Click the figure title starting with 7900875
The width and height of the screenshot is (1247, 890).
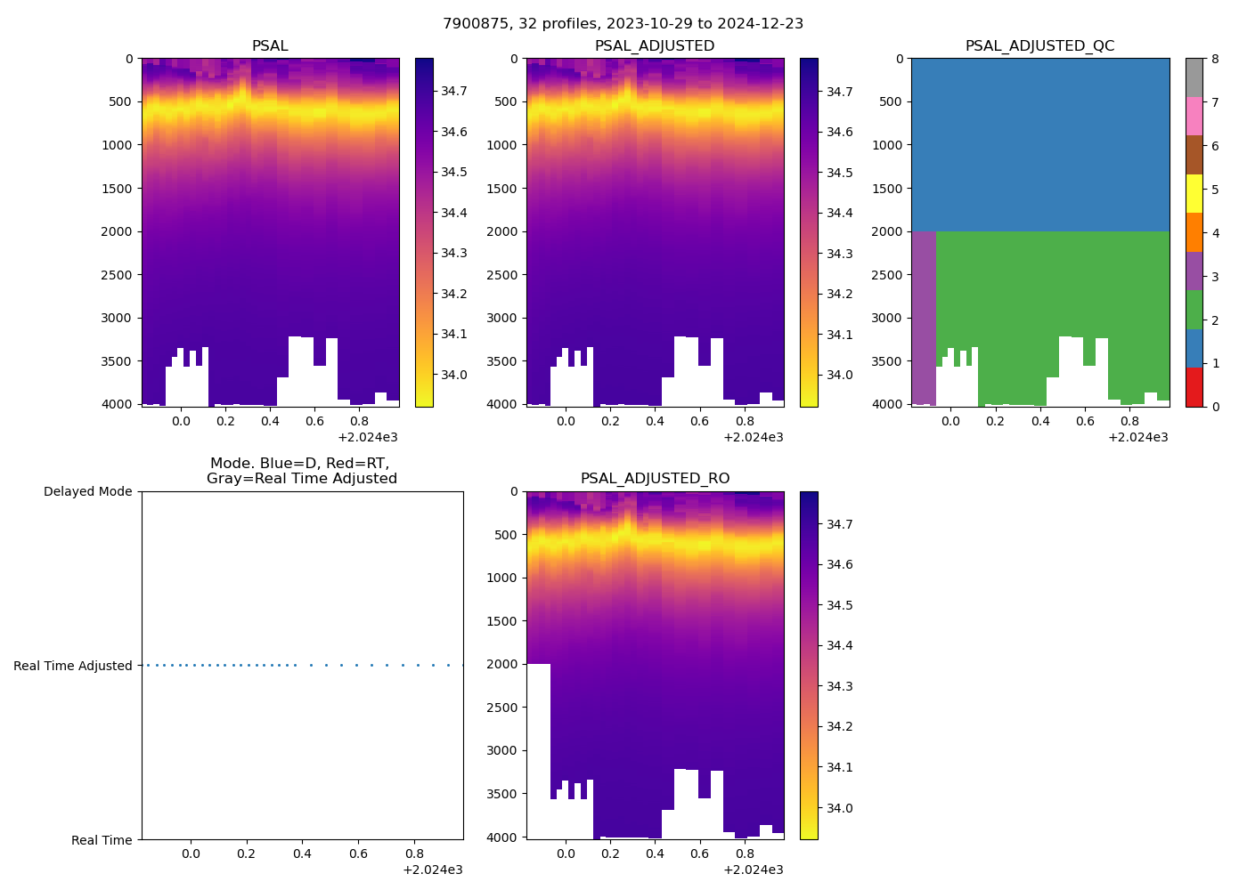point(623,23)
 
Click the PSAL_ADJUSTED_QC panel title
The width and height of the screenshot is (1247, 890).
point(1039,45)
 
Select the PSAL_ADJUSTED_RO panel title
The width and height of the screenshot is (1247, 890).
point(655,478)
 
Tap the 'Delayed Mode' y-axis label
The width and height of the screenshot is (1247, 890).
point(87,491)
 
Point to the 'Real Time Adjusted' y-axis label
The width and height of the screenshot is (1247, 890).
point(73,666)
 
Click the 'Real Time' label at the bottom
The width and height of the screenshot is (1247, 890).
point(102,840)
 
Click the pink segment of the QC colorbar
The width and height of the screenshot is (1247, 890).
point(1194,116)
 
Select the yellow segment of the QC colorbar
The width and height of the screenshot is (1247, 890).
point(1194,193)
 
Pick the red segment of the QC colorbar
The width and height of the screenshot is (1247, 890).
point(1194,387)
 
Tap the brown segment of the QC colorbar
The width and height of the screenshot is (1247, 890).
point(1194,155)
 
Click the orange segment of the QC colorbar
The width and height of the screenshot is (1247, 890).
point(1194,232)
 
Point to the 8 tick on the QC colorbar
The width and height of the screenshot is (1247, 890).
point(1215,59)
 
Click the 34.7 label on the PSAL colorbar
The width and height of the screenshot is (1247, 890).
point(454,92)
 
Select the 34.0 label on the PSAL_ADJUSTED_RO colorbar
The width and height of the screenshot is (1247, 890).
point(839,808)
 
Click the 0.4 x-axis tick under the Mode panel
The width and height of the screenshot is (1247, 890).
point(302,854)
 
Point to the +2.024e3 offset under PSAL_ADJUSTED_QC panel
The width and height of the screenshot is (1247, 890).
point(1137,437)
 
